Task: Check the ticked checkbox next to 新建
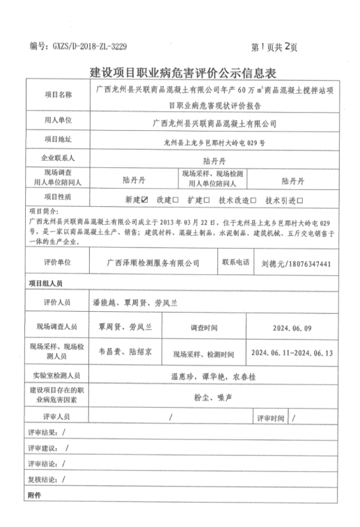(145, 199)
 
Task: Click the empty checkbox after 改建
(175, 199)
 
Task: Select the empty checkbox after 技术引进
(299, 199)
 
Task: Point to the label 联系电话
(236, 264)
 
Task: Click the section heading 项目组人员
(45, 283)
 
